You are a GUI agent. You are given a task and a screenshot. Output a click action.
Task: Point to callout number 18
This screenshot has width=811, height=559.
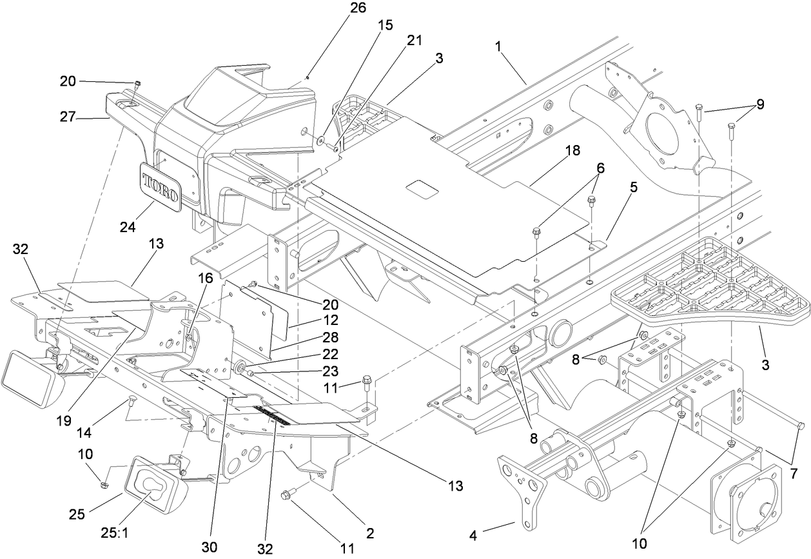point(571,150)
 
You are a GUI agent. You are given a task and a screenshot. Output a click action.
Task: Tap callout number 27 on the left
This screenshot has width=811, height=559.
point(87,117)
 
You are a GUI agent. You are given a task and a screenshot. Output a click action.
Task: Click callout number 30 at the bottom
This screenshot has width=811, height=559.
point(213,547)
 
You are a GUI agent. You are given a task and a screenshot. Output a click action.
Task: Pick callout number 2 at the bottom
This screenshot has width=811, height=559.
point(370,534)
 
